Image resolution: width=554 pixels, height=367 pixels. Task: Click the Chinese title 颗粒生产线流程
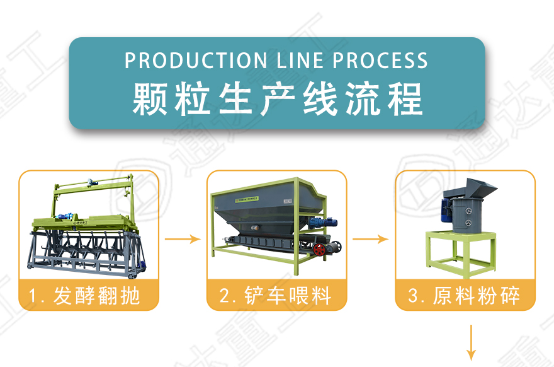277,98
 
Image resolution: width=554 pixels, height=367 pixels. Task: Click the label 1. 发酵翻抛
88,295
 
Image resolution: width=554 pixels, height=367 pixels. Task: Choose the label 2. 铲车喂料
276,295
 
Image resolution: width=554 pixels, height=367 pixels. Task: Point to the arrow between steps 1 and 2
183,240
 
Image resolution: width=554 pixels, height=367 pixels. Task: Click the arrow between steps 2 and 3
371,240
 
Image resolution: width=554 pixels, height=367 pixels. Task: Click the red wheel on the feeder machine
322,249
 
